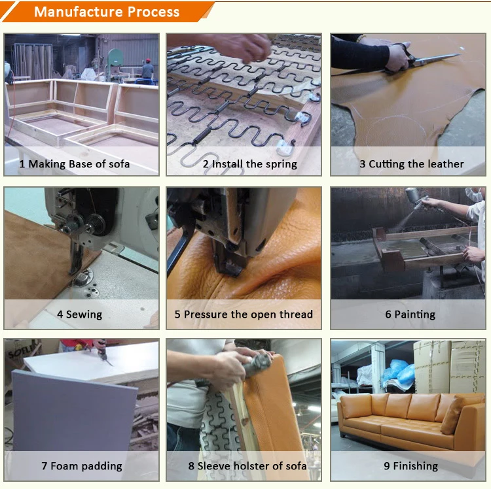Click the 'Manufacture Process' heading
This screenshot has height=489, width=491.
(x=107, y=12)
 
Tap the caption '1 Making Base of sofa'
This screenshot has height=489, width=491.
(x=75, y=164)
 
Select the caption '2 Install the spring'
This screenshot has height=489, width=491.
(x=250, y=164)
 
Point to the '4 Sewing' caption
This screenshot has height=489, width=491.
(x=79, y=314)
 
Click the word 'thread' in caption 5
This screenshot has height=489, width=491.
(x=296, y=314)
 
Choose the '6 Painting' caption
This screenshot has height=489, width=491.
(x=410, y=314)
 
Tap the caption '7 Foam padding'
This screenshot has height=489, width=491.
(x=82, y=466)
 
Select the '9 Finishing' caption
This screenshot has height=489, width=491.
(x=411, y=466)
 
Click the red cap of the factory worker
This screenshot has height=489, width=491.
(x=148, y=60)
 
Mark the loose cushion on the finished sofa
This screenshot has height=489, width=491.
(x=453, y=414)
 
